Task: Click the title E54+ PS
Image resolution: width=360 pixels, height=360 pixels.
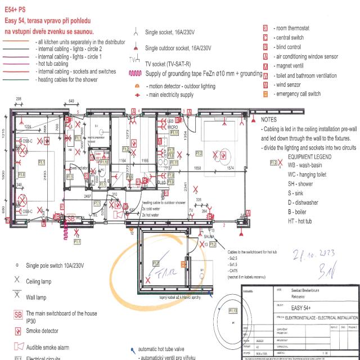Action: (16, 10)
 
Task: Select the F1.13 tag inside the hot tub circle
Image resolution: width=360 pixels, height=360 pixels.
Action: (232, 310)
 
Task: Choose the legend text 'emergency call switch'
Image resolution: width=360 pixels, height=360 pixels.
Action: (297, 94)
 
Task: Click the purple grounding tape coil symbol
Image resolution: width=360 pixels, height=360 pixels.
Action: (135, 73)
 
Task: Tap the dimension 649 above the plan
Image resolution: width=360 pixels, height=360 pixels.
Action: (71, 101)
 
